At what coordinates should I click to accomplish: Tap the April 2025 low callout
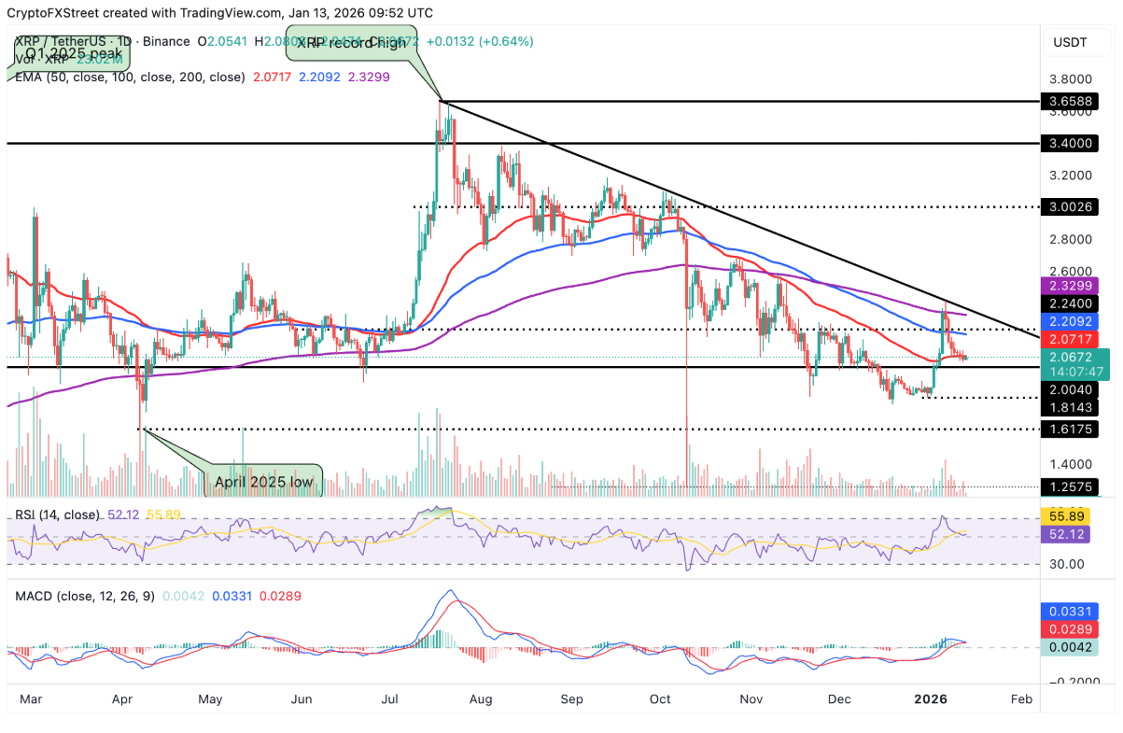coord(262,483)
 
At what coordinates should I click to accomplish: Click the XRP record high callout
coord(352,43)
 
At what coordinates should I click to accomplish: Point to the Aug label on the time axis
coord(482,698)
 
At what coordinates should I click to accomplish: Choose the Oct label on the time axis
coord(660,698)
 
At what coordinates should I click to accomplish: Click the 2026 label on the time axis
coord(931,698)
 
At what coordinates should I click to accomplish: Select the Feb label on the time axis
coord(1021,698)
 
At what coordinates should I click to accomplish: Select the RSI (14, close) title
coord(56,514)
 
